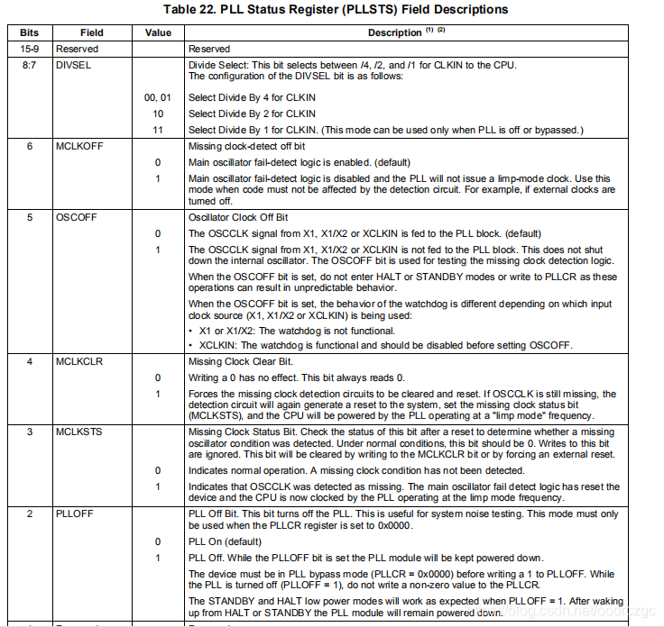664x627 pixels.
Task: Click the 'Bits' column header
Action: pos(30,32)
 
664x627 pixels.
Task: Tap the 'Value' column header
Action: pos(158,32)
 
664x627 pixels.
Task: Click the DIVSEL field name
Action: pos(73,65)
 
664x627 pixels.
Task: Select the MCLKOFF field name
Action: pos(79,146)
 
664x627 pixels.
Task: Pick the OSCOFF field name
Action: pos(76,217)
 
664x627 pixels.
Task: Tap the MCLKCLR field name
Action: pos(78,361)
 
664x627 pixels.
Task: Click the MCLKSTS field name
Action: pos(78,432)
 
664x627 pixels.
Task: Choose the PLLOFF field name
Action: pos(75,513)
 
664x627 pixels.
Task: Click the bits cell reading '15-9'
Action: pos(30,49)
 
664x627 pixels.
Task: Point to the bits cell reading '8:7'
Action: pos(30,65)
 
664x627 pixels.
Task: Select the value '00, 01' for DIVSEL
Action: pos(158,97)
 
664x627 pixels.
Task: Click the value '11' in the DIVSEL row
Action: pos(158,130)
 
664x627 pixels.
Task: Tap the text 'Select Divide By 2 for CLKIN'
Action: pos(252,114)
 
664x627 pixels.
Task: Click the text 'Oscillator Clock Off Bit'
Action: pos(239,217)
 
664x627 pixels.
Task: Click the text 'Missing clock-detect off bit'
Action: pos(246,146)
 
